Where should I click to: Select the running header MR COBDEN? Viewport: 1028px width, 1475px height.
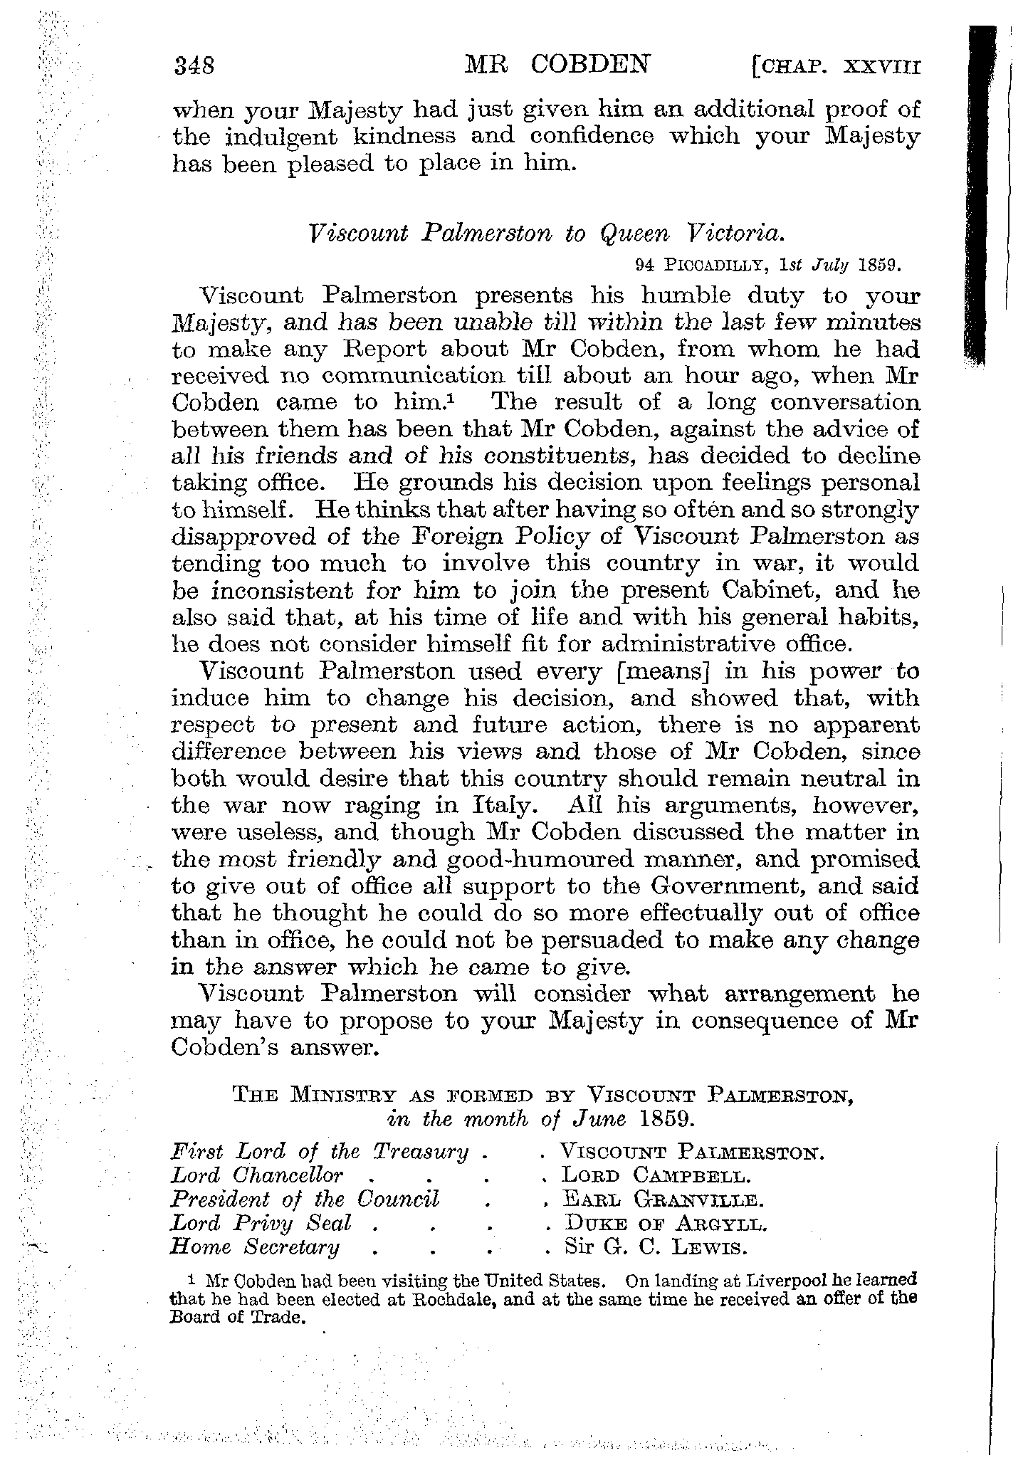pyautogui.click(x=557, y=65)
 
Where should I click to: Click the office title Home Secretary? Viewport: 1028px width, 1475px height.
pyautogui.click(x=255, y=1249)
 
